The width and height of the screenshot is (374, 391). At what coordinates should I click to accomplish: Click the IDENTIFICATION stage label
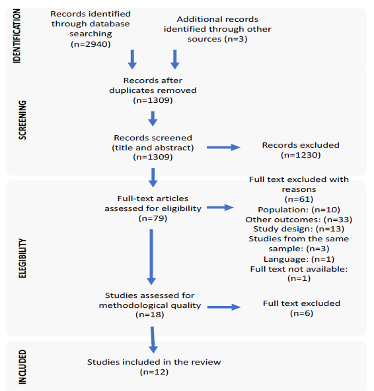point(17,36)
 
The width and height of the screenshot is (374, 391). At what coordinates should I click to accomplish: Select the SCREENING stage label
point(22,120)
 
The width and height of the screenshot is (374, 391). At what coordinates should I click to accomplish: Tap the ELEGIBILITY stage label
point(22,258)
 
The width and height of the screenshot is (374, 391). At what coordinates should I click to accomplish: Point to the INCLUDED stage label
point(22,367)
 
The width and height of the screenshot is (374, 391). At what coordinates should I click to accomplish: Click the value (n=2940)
point(91,44)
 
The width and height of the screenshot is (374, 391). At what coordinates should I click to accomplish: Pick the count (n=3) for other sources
point(236,39)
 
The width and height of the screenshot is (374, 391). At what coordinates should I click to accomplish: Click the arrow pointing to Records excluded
point(223,148)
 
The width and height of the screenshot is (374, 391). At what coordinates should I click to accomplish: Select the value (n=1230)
point(301,155)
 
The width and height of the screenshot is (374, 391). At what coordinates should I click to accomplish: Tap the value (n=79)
point(153,218)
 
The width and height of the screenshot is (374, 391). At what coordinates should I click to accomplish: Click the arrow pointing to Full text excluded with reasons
point(220,208)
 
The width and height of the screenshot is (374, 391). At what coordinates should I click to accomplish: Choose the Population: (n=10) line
point(299,210)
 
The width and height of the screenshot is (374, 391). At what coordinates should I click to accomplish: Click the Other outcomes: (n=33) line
point(299,220)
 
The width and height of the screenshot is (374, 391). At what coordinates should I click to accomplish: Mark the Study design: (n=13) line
point(299,229)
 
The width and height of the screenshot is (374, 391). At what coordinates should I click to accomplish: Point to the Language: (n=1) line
point(299,259)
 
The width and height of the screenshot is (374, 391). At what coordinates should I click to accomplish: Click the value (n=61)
point(299,199)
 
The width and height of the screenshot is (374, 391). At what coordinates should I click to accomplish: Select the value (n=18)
point(150,315)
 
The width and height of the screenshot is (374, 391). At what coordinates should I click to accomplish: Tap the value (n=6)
point(301,313)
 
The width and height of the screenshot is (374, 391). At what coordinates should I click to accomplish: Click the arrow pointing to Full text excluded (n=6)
point(224,307)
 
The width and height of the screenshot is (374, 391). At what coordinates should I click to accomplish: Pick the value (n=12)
point(154,372)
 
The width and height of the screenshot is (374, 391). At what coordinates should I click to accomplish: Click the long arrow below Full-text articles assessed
point(151,257)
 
